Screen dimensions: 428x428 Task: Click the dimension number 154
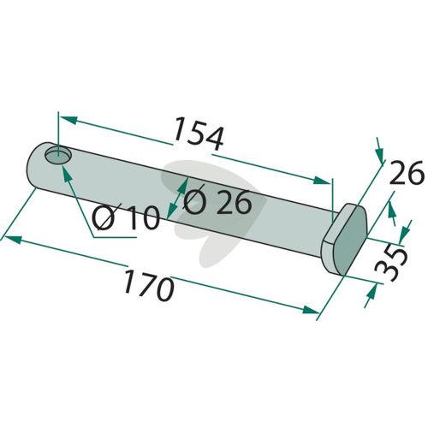pyautogui.click(x=199, y=134)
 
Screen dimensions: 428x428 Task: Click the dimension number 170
pyautogui.click(x=149, y=286)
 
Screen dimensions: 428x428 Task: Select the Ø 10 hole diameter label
pyautogui.click(x=126, y=217)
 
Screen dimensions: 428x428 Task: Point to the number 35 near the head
pyautogui.click(x=390, y=264)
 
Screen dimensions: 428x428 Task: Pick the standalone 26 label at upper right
pyautogui.click(x=406, y=172)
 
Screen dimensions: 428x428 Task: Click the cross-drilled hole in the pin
pyautogui.click(x=58, y=156)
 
